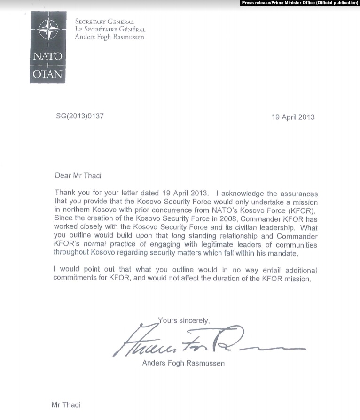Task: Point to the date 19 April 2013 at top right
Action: tap(293, 117)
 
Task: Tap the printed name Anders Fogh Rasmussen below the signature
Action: tap(183, 363)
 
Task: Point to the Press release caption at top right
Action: tap(299, 3)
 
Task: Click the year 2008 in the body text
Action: tap(219, 219)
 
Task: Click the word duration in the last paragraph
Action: tap(232, 279)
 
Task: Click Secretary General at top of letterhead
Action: tap(105, 22)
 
